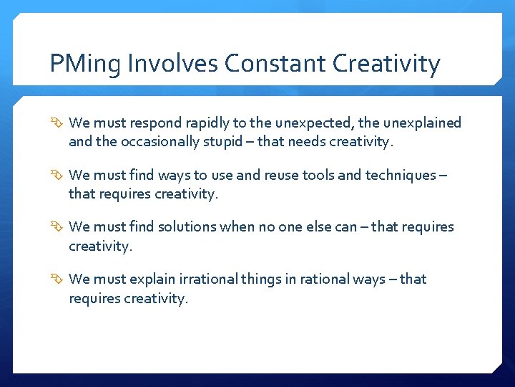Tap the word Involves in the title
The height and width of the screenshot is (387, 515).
172,64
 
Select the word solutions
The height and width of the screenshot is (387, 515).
187,227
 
